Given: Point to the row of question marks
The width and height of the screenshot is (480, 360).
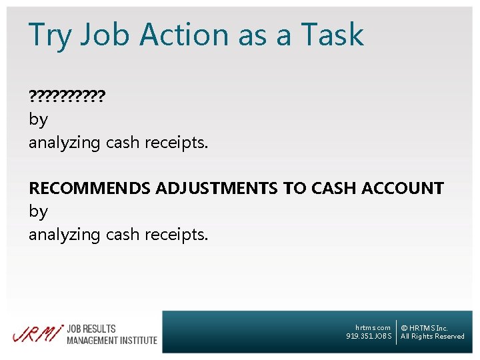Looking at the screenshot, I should tap(67, 97).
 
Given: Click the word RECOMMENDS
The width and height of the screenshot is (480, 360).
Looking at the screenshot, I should tap(89, 189).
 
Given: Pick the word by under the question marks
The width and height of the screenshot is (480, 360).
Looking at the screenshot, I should tap(38, 120).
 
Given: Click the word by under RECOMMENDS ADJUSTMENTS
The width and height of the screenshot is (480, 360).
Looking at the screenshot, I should tap(38, 212).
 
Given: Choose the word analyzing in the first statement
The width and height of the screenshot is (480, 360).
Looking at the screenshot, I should tap(65, 143).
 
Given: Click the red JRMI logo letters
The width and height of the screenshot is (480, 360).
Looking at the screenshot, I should tap(37, 333).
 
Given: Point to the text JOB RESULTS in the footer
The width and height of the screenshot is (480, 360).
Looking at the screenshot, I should tap(91, 329).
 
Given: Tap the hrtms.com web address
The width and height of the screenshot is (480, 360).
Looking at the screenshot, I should tap(373, 328).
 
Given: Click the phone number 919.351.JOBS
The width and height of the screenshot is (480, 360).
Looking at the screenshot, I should tap(369, 337).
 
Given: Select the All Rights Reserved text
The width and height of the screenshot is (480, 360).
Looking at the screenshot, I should tap(433, 337).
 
